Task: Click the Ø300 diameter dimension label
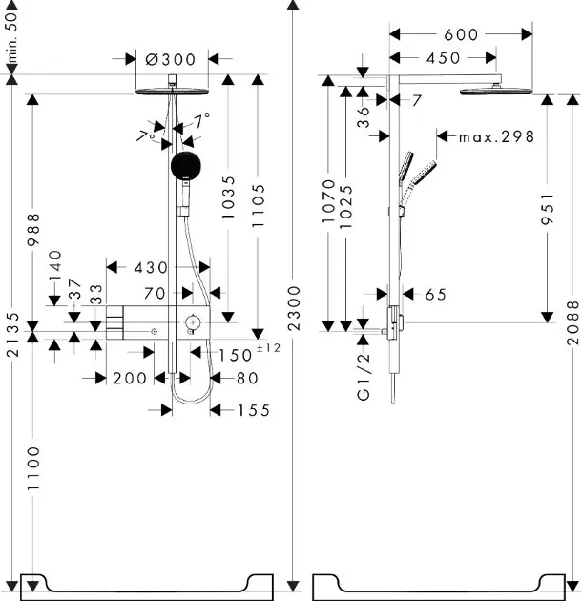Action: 171,59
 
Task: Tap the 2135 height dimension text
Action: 12,336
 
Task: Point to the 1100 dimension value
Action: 34,468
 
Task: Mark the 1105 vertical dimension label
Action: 259,206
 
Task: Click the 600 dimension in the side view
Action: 461,34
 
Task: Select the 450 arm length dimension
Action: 443,58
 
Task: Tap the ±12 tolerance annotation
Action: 268,348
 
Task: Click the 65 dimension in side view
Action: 436,295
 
